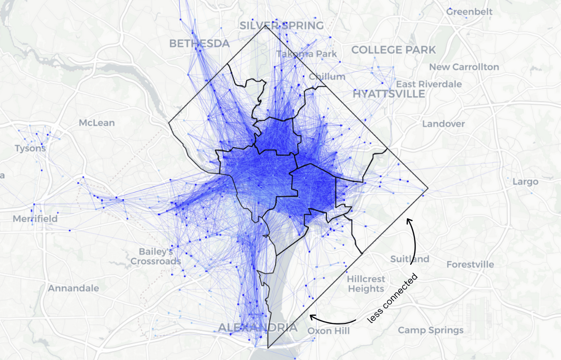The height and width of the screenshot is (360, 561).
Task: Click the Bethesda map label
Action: (199, 43)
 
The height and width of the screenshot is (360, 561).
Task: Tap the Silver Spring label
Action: (282, 25)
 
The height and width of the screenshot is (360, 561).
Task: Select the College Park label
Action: (394, 49)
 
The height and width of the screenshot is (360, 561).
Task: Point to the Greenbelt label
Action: (469, 11)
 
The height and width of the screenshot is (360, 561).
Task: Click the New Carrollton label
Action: (464, 67)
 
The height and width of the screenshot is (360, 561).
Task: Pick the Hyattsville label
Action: (389, 94)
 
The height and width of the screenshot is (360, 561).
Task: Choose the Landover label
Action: (443, 124)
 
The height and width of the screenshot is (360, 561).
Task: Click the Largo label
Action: (525, 181)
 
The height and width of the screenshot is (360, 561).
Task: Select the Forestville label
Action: (470, 264)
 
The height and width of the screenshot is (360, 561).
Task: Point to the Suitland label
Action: (410, 259)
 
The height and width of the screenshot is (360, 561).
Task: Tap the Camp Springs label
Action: (431, 330)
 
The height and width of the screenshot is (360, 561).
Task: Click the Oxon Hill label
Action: (328, 331)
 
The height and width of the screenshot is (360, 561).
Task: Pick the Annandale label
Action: (73, 288)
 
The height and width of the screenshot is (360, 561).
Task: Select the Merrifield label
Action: (35, 219)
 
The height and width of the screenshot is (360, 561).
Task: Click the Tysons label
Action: (30, 148)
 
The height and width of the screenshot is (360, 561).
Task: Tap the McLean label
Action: (97, 123)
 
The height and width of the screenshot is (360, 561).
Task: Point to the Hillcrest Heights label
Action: (366, 283)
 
